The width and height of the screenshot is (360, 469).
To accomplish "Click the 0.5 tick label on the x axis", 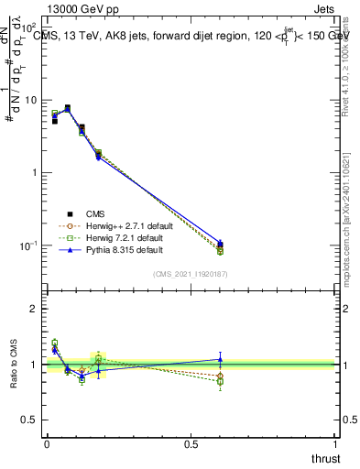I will (x=191, y=444).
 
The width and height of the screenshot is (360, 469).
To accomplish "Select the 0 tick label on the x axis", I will (x=47, y=444).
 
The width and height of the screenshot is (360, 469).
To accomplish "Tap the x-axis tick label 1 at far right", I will (x=336, y=444).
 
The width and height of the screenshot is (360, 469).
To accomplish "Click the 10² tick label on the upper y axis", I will (x=28, y=27).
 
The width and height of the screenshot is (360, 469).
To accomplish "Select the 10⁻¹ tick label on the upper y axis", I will (x=28, y=245).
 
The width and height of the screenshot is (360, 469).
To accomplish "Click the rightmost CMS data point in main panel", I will (x=220, y=245).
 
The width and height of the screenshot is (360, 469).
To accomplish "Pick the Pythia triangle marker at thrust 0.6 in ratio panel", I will (x=220, y=359).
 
